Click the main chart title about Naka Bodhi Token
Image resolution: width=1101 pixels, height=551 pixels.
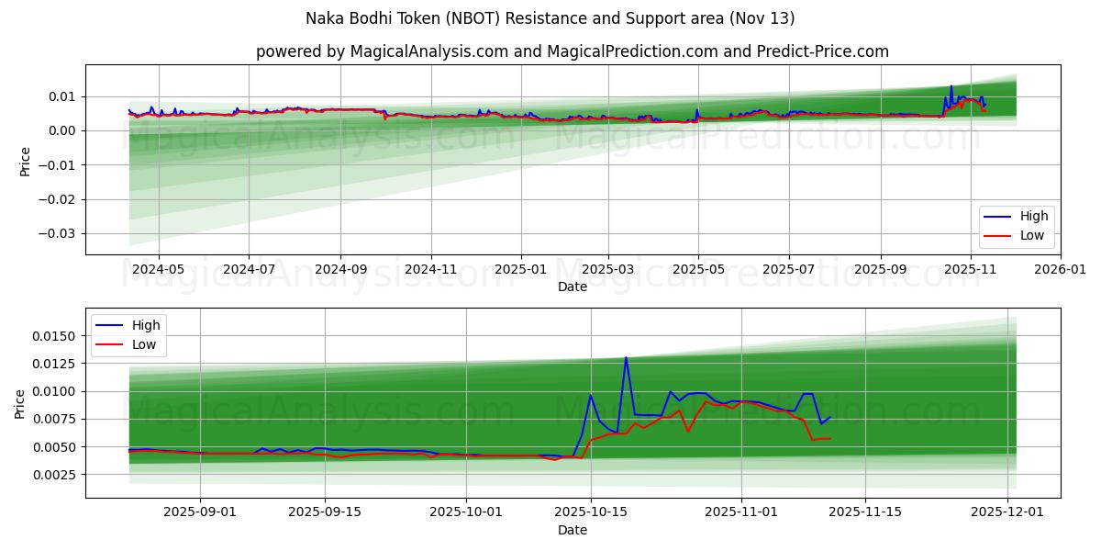[550, 18]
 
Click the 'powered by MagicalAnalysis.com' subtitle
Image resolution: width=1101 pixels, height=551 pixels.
[573, 51]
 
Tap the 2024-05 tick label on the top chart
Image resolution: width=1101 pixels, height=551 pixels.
[159, 270]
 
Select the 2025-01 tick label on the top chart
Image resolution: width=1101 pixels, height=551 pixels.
[521, 270]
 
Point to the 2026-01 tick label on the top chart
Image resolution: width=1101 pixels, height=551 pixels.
[1060, 270]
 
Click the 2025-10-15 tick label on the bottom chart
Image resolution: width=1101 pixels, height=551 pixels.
[590, 512]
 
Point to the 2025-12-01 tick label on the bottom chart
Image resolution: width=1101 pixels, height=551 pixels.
[1008, 512]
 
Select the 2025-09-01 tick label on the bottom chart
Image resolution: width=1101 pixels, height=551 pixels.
[200, 512]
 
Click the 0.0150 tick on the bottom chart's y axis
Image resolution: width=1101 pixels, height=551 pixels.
[55, 336]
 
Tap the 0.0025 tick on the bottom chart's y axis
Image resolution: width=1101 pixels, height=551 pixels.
[55, 475]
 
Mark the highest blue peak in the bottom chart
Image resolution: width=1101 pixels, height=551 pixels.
[626, 357]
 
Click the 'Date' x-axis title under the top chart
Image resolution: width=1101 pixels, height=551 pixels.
[573, 287]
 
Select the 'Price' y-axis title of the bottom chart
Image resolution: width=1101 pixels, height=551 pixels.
[20, 403]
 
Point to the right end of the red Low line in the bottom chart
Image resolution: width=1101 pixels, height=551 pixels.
[829, 438]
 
